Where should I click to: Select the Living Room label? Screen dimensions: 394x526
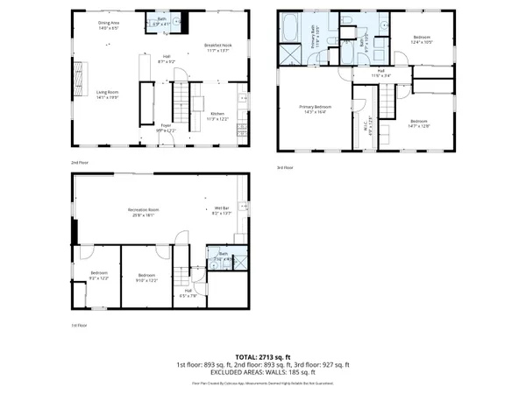click(x=107, y=94)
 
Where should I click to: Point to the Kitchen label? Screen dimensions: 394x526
click(x=217, y=114)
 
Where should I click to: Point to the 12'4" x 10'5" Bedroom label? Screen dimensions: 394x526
click(x=422, y=39)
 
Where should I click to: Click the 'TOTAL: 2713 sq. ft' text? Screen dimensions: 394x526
click(x=263, y=356)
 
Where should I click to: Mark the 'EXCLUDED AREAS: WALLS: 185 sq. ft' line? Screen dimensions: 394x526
click(x=263, y=373)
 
